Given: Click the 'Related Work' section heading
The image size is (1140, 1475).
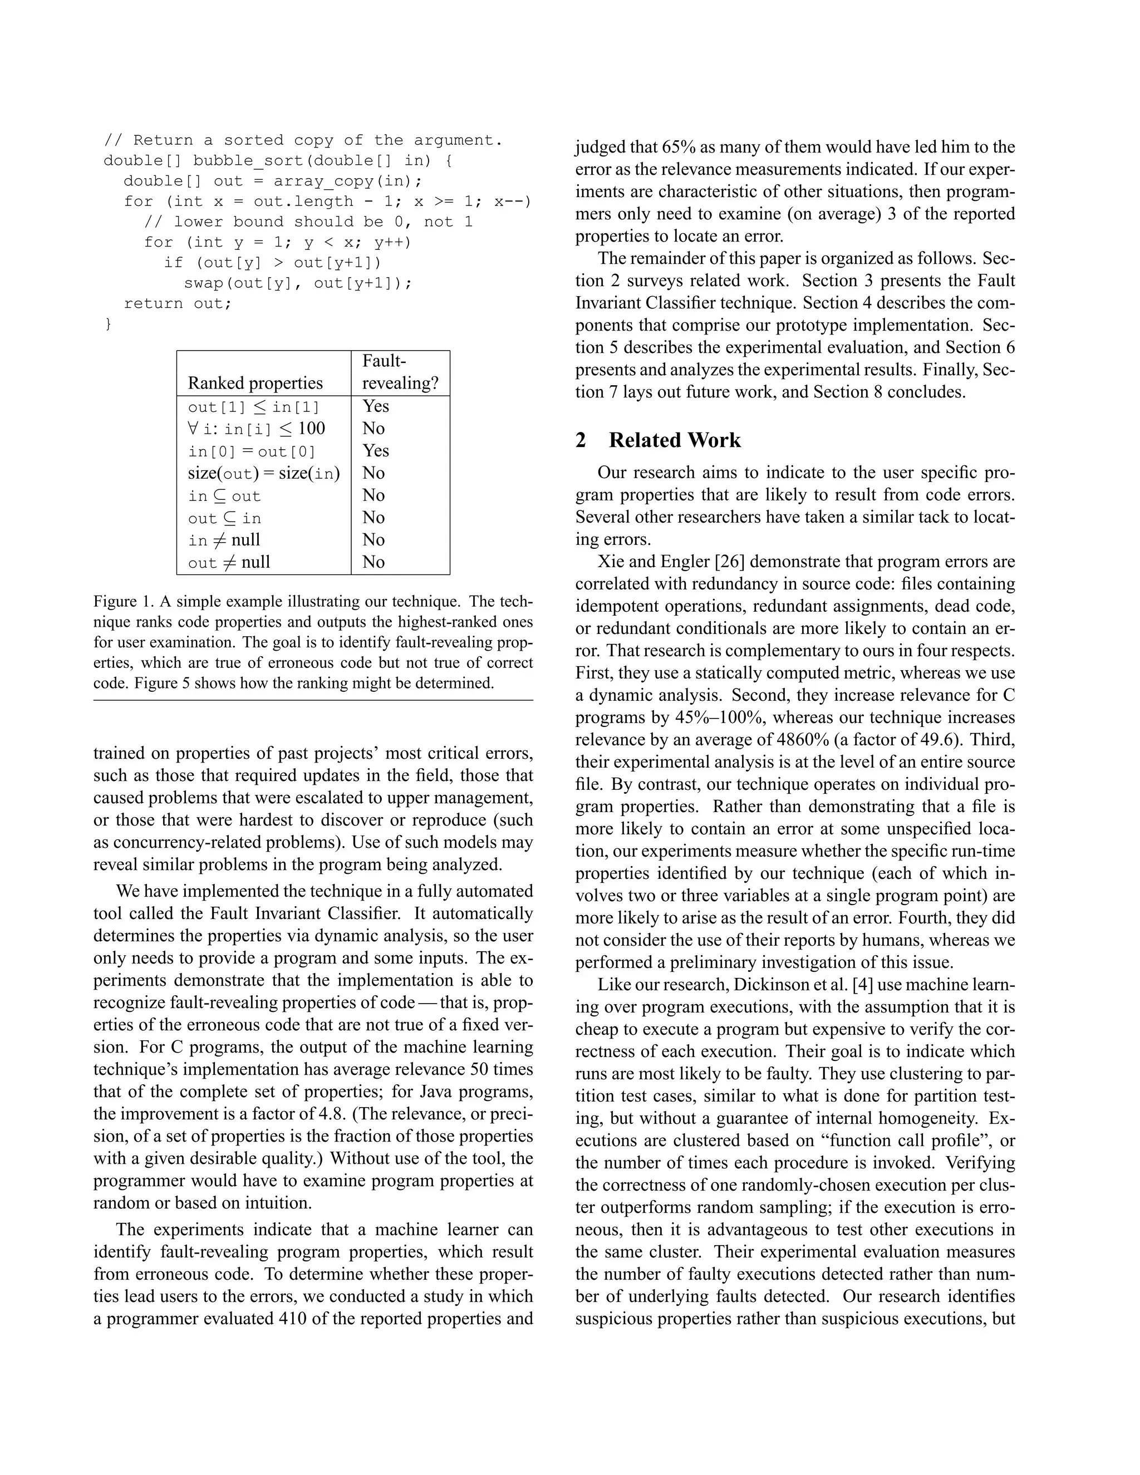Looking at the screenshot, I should (x=674, y=440).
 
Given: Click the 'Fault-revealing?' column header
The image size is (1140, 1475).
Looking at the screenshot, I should (x=400, y=372).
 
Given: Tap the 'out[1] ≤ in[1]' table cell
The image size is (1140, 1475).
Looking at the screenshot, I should (x=253, y=406).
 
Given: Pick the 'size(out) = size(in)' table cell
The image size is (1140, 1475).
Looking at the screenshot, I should (x=263, y=474).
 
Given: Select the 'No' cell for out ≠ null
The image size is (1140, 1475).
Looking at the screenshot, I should (x=373, y=562).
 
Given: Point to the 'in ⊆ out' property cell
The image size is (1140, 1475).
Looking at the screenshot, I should (x=224, y=496).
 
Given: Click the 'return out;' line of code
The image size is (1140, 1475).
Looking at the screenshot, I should (x=178, y=303).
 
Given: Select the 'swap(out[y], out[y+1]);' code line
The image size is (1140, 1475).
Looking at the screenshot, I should (x=297, y=282).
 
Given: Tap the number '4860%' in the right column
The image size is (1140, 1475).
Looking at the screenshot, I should (x=803, y=740).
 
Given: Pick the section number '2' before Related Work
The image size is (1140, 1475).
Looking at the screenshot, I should (x=581, y=440).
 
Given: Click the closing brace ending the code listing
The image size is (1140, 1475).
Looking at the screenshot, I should (x=108, y=324).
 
